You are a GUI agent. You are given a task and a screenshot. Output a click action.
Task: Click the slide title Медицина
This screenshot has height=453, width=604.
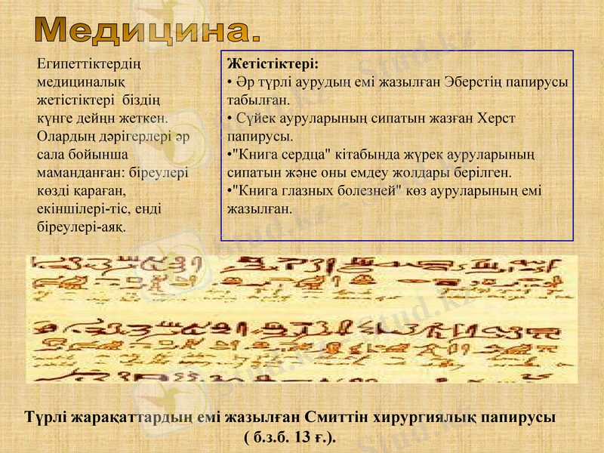[149, 29]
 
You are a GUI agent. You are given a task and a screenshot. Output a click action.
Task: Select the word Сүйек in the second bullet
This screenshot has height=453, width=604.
[254, 119]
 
